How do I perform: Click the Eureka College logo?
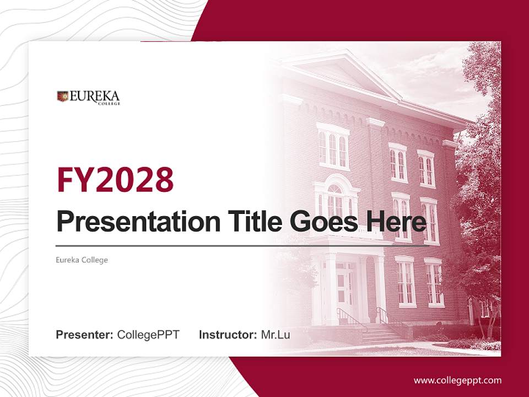(88, 97)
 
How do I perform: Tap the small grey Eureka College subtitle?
(82, 260)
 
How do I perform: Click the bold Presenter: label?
(84, 335)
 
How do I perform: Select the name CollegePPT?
(148, 335)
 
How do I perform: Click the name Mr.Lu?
(276, 335)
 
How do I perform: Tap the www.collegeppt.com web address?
(457, 380)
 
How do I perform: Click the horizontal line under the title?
(242, 246)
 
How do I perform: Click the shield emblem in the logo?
(62, 96)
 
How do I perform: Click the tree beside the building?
(479, 165)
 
